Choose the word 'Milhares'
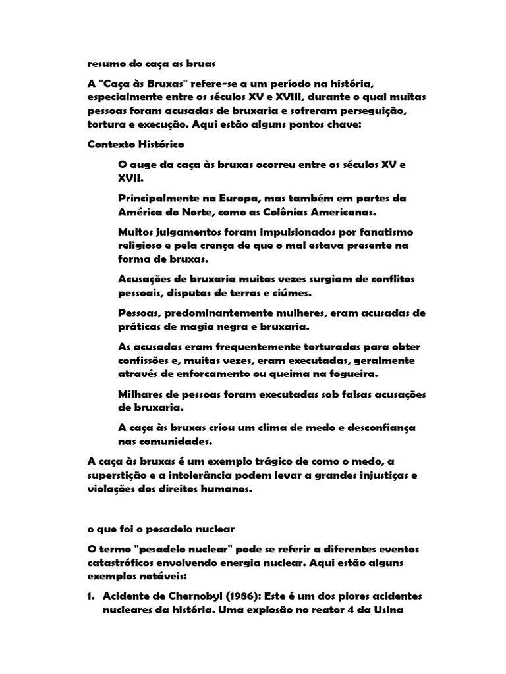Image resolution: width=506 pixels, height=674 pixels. [142, 394]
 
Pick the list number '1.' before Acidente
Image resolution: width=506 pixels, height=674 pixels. [92, 597]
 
